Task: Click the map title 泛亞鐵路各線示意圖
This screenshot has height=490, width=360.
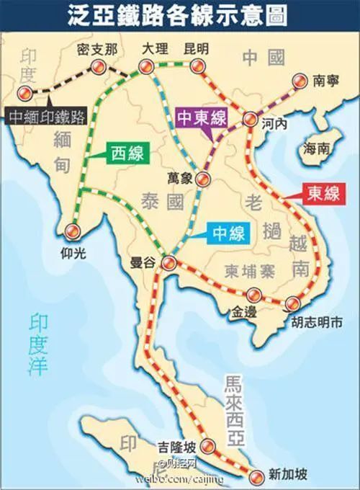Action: point(180,15)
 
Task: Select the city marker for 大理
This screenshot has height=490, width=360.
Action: point(144,68)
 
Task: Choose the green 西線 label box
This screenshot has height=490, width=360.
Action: point(125,151)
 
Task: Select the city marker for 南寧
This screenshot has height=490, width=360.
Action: point(299,82)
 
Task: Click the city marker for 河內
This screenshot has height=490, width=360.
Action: point(250,120)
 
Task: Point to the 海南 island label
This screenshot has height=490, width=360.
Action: point(317,148)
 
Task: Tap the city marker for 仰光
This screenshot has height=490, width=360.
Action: point(72,231)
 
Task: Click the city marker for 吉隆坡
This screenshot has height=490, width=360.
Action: point(207,445)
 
